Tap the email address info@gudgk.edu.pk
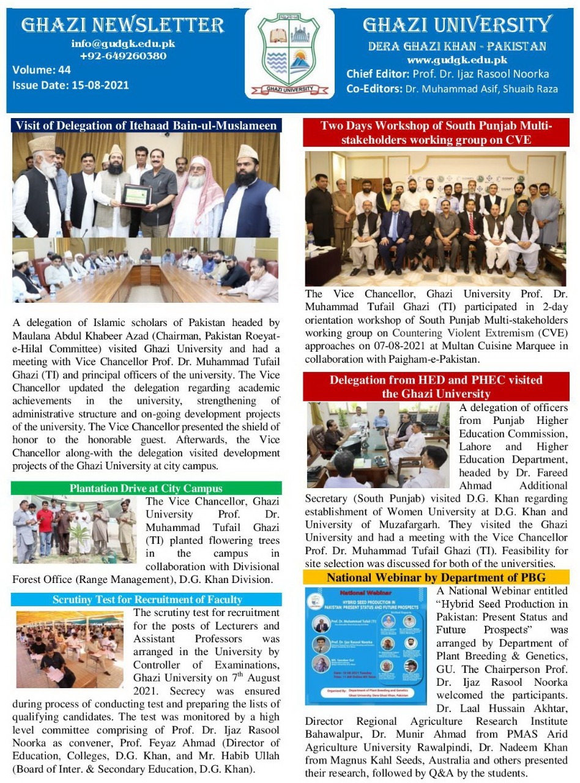pyautogui.click(x=123, y=44)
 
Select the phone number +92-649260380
pyautogui.click(x=123, y=56)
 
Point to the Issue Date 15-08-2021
pyautogui.click(x=70, y=84)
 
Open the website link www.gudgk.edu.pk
pyautogui.click(x=457, y=60)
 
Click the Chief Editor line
pyautogui.click(x=447, y=74)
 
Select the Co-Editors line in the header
pyautogui.click(x=452, y=89)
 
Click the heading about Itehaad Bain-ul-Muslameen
pyautogui.click(x=146, y=126)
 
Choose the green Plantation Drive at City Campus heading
pyautogui.click(x=146, y=488)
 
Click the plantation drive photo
pyautogui.click(x=75, y=530)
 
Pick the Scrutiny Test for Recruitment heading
pyautogui.click(x=146, y=599)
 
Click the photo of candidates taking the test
pyautogui.click(x=70, y=649)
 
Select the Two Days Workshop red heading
pyautogui.click(x=436, y=133)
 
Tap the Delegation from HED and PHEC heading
pyautogui.click(x=436, y=387)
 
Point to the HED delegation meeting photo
pyautogui.click(x=378, y=445)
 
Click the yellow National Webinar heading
pyautogui.click(x=436, y=577)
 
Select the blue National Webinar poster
pyautogui.click(x=366, y=646)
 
